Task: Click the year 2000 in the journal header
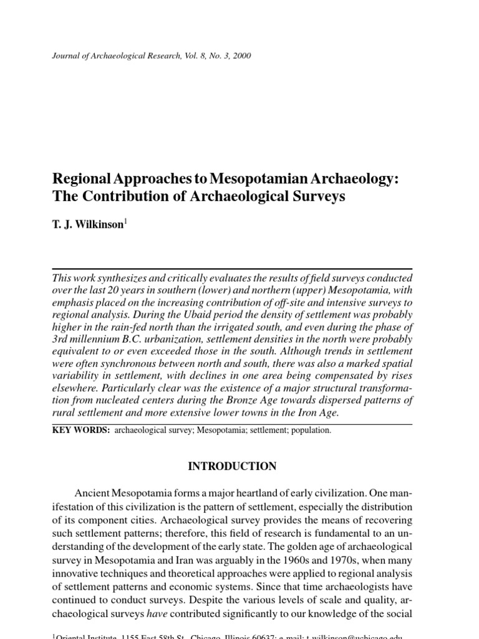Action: click(x=241, y=56)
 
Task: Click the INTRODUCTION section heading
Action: click(x=232, y=466)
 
